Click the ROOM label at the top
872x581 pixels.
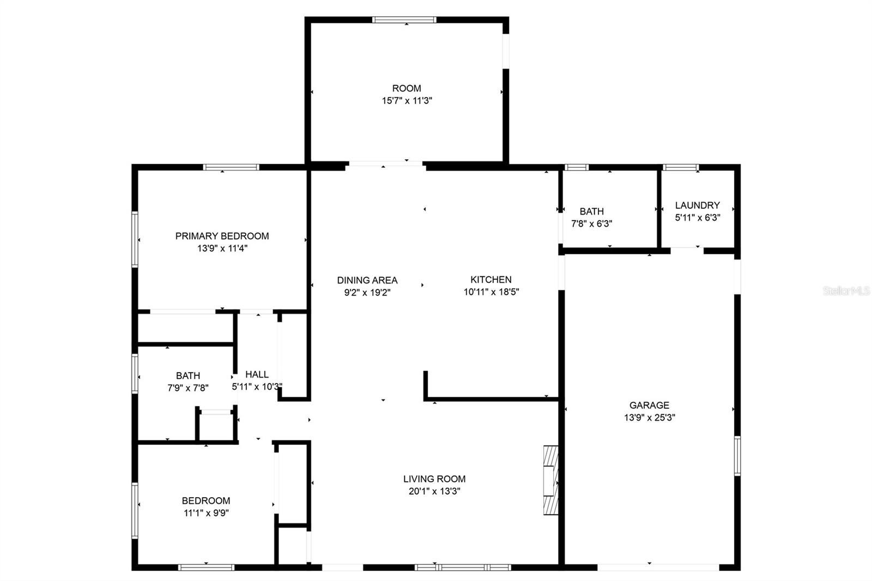click(407, 88)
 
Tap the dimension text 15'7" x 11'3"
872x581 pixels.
click(407, 101)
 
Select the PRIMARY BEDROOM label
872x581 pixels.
click(222, 236)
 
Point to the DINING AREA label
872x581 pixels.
click(367, 280)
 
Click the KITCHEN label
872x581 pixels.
click(491, 280)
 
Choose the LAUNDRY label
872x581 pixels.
click(697, 205)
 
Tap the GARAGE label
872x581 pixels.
click(649, 406)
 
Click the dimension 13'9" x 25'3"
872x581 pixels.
click(649, 418)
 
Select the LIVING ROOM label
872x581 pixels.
click(434, 479)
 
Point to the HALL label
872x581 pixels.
click(257, 374)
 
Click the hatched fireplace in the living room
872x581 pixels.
click(551, 481)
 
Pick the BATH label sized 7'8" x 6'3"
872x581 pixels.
click(592, 211)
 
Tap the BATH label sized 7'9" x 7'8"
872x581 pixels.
click(188, 376)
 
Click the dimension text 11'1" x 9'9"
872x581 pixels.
click(206, 513)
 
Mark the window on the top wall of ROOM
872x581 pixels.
click(404, 20)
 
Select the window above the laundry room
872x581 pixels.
click(681, 167)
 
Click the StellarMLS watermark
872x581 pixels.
click(846, 291)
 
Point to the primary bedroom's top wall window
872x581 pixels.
click(231, 167)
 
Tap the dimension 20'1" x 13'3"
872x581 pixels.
click(434, 492)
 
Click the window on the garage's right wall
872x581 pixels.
click(737, 456)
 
